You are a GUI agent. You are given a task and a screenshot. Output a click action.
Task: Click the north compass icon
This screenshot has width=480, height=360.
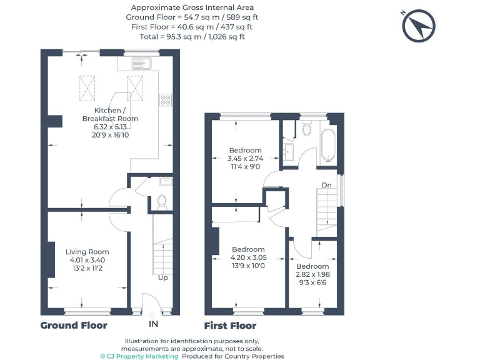pyautogui.click(x=419, y=26)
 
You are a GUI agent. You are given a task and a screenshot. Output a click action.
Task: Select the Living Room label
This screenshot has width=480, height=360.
pyautogui.click(x=87, y=252)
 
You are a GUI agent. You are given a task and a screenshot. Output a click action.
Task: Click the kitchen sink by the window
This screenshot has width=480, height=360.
pyautogui.click(x=142, y=62)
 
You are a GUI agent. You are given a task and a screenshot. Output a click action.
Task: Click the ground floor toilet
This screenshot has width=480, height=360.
pyautogui.click(x=161, y=201)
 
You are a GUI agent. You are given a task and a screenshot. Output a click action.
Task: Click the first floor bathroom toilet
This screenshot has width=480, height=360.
pyautogui.click(x=306, y=129)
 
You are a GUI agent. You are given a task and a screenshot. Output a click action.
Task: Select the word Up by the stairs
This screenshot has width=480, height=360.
pyautogui.click(x=162, y=277)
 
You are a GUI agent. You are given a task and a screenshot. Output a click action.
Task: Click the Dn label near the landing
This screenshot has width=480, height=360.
pyautogui.click(x=326, y=185)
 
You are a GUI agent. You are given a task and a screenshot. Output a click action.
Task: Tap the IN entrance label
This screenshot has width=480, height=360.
pyautogui.click(x=153, y=324)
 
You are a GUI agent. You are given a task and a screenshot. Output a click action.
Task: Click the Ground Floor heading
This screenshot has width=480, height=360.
pyautogui.click(x=74, y=326)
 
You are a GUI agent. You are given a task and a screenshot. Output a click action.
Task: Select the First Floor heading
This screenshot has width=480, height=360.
pyautogui.click(x=230, y=326)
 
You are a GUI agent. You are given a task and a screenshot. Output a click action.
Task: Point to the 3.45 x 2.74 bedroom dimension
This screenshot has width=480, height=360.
pyautogui.click(x=245, y=159)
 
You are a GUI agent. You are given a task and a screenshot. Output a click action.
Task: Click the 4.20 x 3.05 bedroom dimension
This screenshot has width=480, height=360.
pyautogui.click(x=247, y=257)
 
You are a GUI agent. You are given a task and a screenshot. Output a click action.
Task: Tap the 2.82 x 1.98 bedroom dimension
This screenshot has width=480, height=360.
pyautogui.click(x=312, y=274)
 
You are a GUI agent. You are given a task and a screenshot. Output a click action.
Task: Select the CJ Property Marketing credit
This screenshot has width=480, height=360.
pyautogui.click(x=140, y=356)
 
